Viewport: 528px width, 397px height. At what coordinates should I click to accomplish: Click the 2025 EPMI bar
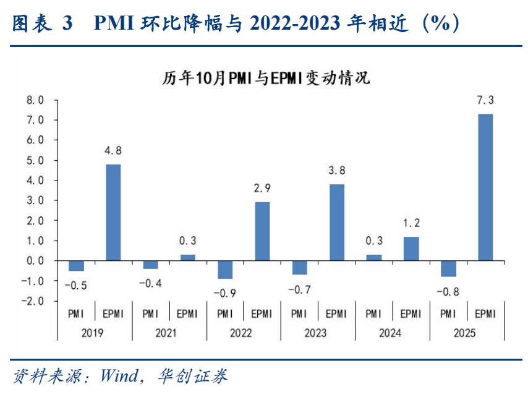(485, 187)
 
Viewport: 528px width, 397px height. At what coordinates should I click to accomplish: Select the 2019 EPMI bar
(114, 212)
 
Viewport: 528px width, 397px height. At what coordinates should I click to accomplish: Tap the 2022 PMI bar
(225, 270)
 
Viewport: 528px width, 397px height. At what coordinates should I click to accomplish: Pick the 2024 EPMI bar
(411, 249)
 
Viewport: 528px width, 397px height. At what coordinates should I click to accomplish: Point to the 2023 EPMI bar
(337, 222)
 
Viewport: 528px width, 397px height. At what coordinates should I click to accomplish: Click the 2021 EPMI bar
(188, 257)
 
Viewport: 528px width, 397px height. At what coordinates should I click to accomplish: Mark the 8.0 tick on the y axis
(35, 100)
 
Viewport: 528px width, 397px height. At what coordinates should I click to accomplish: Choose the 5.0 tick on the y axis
(35, 161)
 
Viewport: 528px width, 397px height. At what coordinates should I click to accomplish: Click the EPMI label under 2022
(262, 314)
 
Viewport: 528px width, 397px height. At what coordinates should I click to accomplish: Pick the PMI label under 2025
(448, 314)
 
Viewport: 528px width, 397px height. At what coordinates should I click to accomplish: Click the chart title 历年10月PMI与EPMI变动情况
(266, 79)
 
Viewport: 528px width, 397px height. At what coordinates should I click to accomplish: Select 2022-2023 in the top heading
(296, 23)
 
